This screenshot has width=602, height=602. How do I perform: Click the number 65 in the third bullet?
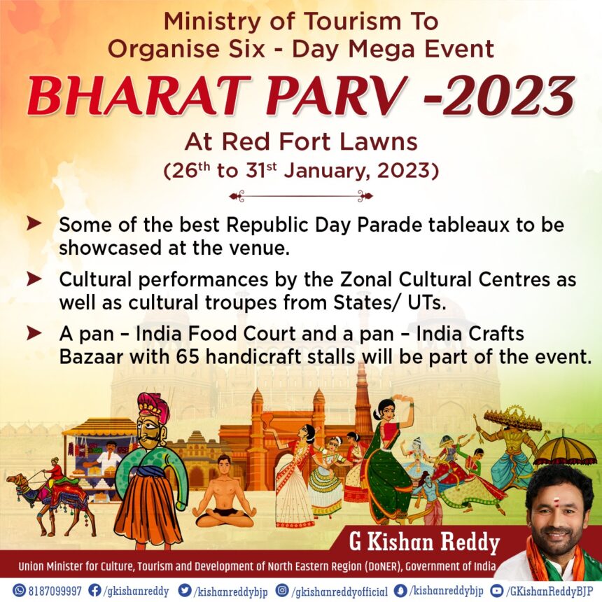[x=188, y=357]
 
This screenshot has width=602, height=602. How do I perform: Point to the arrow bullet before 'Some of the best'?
[x=34, y=223]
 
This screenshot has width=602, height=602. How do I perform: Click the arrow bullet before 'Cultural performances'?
[x=34, y=279]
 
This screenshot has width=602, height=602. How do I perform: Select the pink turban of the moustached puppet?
[x=153, y=406]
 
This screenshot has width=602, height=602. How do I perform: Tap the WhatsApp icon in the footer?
[x=19, y=591]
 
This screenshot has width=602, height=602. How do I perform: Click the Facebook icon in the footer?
[x=94, y=591]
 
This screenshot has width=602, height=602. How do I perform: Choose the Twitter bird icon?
[x=185, y=591]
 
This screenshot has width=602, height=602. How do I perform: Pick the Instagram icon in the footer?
[x=283, y=591]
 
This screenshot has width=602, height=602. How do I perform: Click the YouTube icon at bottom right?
[x=498, y=591]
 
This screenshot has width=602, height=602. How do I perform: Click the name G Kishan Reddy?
[x=424, y=542]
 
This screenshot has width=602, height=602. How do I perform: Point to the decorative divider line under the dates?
[x=301, y=196]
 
